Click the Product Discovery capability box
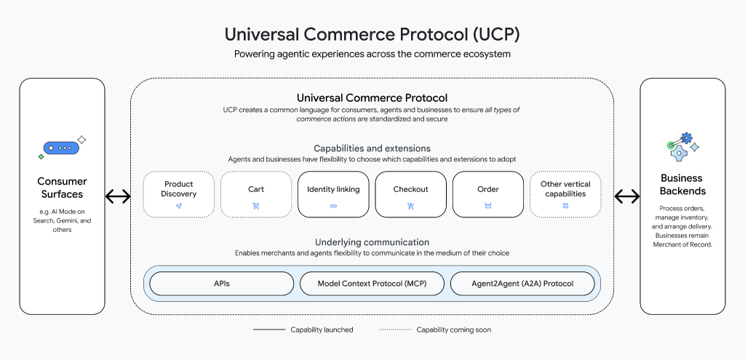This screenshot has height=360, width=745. tap(178, 194)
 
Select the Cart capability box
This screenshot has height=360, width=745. tap(255, 194)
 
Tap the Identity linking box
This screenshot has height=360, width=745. tap(333, 194)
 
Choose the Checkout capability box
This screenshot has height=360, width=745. tap(410, 194)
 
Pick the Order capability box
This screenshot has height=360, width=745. tap(487, 194)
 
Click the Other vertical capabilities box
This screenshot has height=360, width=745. tap(565, 194)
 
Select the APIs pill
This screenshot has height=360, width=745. tap(221, 284)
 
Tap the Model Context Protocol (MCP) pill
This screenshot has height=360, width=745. tap(371, 284)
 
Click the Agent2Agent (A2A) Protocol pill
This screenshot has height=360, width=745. tap(522, 284)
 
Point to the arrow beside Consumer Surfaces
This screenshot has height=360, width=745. tap(118, 196)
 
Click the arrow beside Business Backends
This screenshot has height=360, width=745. tap(627, 196)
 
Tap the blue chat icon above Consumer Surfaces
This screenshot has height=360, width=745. tap(60, 148)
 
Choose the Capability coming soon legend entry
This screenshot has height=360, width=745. tap(434, 329)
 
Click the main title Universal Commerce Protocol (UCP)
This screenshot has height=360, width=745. tap(372, 34)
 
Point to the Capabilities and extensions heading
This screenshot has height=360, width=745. tap(372, 148)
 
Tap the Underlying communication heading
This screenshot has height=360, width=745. tap(372, 242)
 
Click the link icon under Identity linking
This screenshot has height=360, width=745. tap(333, 206)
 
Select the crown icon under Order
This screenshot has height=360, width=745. tap(487, 206)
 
